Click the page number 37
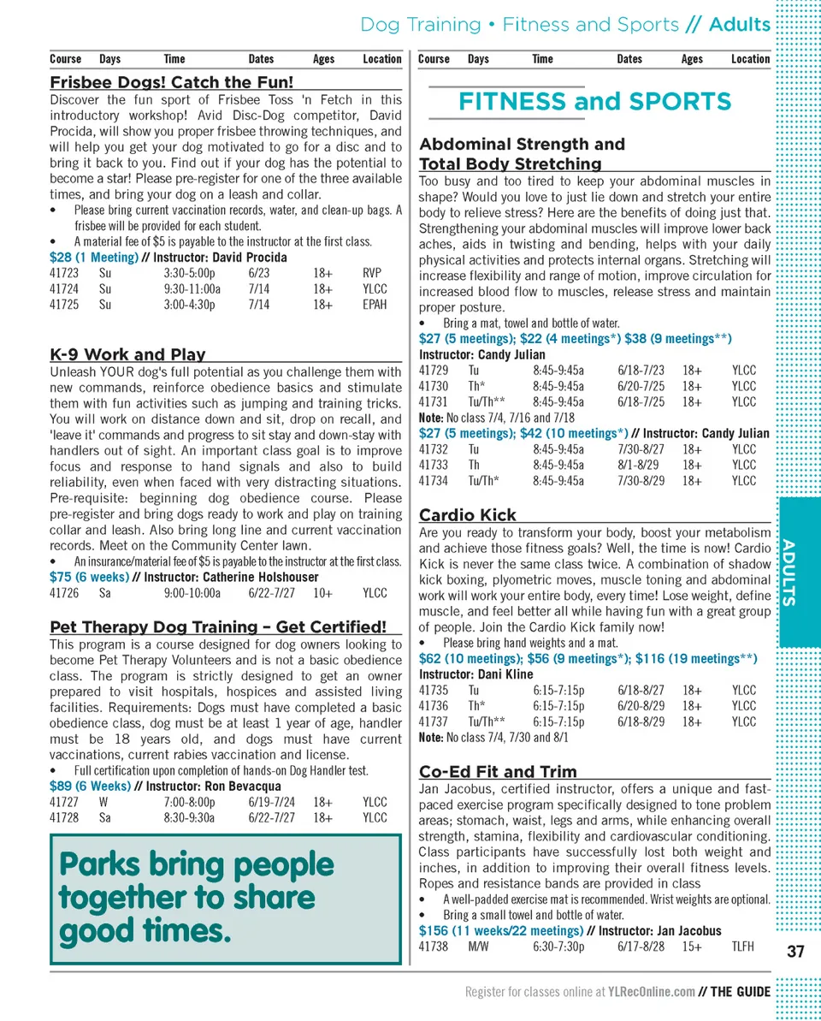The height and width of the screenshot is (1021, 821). (x=795, y=951)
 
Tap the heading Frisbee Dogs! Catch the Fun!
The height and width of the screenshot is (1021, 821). (x=171, y=83)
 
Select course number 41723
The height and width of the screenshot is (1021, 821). (x=64, y=273)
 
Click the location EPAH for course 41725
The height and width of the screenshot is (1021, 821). (x=375, y=305)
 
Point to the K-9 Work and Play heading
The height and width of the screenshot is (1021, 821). (x=127, y=354)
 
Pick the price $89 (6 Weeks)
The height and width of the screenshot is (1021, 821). (x=90, y=786)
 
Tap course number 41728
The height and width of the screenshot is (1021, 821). (x=64, y=817)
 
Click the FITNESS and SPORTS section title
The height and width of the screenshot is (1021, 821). (x=594, y=102)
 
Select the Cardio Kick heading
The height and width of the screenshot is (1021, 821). (x=468, y=514)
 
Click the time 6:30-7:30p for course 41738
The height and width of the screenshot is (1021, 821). (x=559, y=947)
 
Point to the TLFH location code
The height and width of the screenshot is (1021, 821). (x=743, y=947)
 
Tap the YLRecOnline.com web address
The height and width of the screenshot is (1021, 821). (x=651, y=992)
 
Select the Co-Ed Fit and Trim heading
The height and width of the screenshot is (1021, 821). (x=498, y=771)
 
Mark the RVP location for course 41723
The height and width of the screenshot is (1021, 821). (x=371, y=273)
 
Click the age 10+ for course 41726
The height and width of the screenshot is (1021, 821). (x=322, y=593)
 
